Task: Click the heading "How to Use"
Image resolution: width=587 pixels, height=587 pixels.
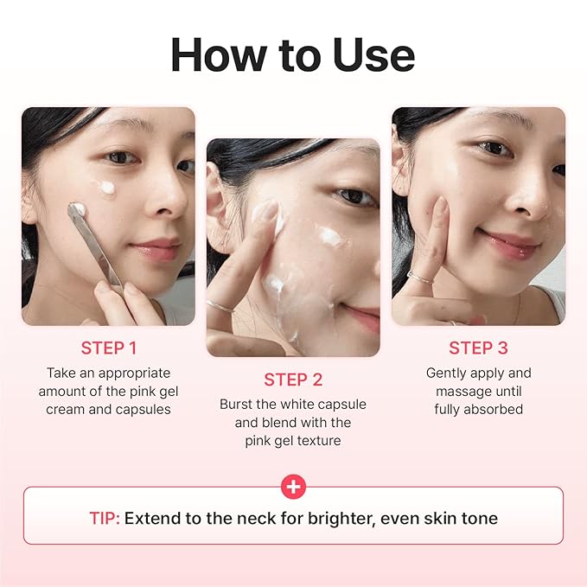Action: coord(293,54)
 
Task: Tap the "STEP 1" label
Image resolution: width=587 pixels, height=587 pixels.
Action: coord(109,348)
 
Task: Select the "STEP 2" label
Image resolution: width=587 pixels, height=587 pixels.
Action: coord(292,380)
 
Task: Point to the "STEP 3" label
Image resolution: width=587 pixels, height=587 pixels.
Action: coord(478,348)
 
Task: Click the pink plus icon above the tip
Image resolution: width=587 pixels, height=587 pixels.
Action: coord(294,487)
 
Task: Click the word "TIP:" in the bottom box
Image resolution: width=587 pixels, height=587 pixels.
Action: coord(105,519)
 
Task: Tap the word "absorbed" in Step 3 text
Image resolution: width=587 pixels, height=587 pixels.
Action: coord(492,409)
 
